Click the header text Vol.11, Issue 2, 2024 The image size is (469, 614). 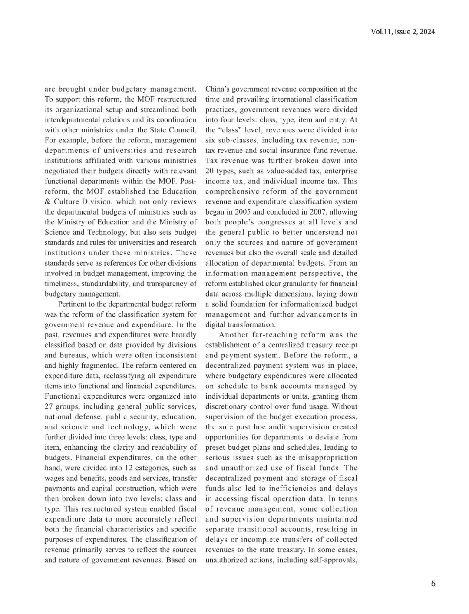[x=403, y=32]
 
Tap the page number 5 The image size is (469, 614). [x=433, y=583]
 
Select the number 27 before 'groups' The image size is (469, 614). [x=49, y=406]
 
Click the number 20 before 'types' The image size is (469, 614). [x=210, y=171]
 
